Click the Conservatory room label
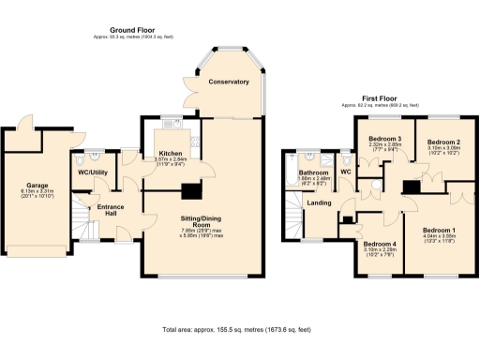(x=229, y=82)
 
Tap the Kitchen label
(x=170, y=152)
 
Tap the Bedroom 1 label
(x=438, y=230)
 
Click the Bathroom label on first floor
(x=313, y=173)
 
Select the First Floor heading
(x=382, y=98)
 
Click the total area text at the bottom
(x=240, y=330)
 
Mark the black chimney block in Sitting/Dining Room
(x=191, y=191)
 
